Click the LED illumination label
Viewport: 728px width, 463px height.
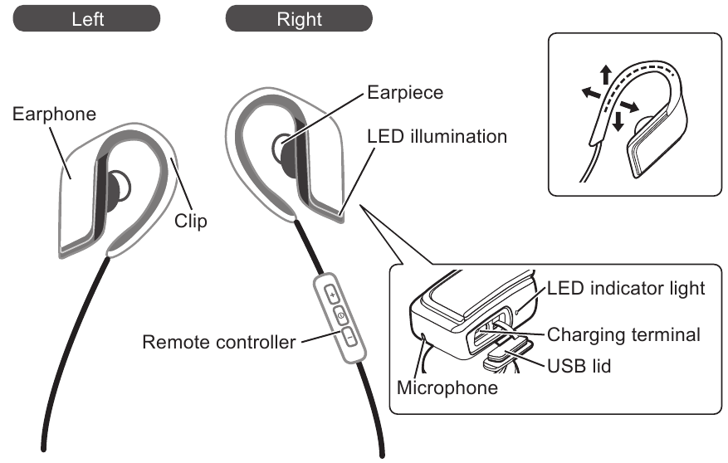(x=437, y=135)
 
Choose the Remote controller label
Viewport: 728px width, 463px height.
(x=219, y=341)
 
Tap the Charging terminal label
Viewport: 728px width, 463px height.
(x=623, y=335)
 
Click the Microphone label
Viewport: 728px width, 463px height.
(x=447, y=387)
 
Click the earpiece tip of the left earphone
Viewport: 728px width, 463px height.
(x=117, y=188)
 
